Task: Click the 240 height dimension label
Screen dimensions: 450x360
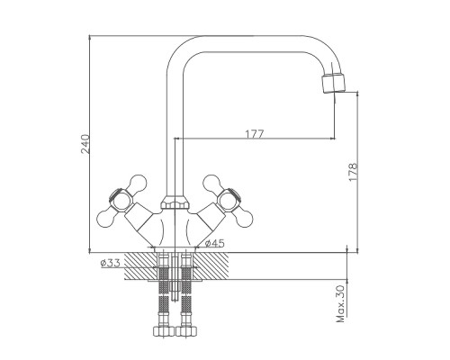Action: click(x=85, y=144)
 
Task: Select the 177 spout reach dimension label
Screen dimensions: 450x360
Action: click(x=255, y=134)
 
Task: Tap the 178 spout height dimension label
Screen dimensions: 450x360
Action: click(x=353, y=172)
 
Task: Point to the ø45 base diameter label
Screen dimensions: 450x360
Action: click(x=215, y=243)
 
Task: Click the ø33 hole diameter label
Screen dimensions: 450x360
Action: click(x=111, y=263)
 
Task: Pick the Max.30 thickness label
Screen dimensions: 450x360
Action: click(x=340, y=303)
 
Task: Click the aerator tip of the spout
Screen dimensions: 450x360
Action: click(x=333, y=84)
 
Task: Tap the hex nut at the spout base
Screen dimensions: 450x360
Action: click(x=175, y=202)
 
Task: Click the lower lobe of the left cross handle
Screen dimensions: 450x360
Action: click(x=107, y=218)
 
